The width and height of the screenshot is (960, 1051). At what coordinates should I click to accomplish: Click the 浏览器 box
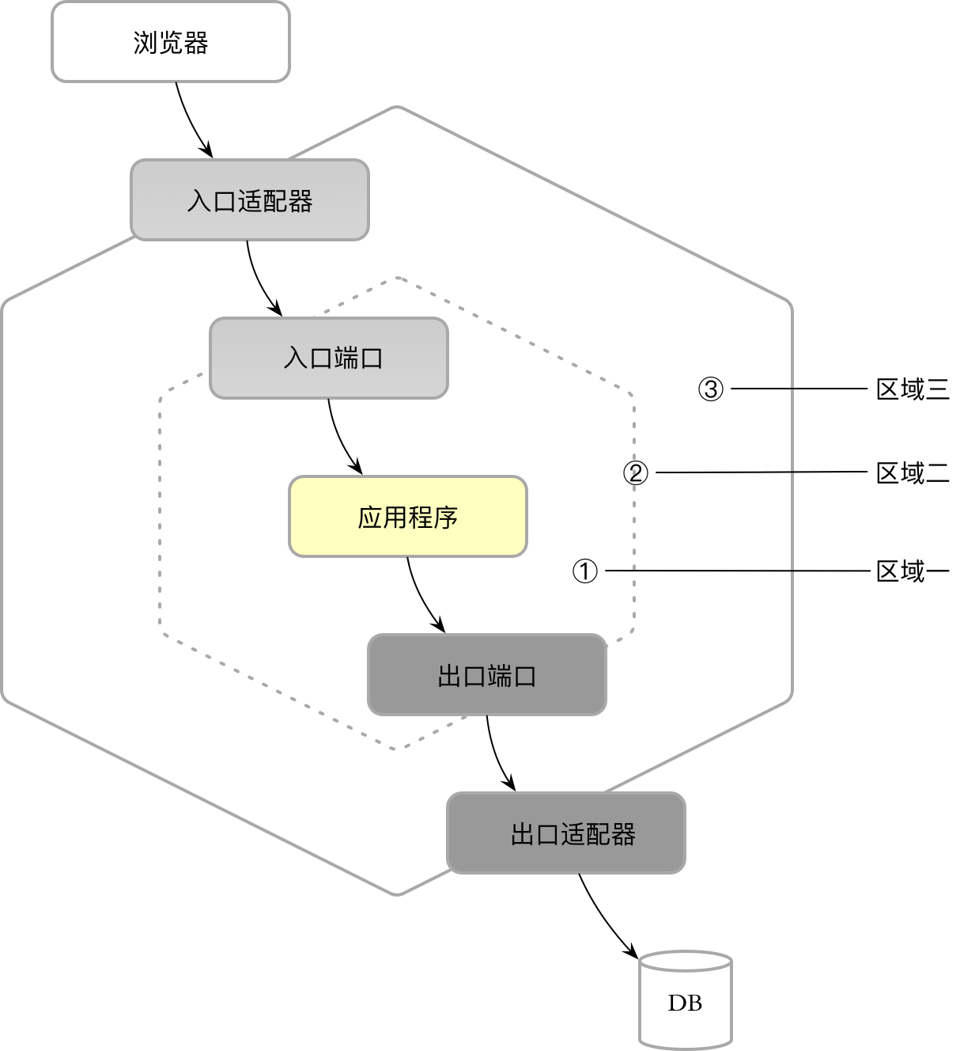171,42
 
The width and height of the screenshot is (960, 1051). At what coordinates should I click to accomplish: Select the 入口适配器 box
250,200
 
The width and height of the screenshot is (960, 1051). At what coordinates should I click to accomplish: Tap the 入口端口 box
329,359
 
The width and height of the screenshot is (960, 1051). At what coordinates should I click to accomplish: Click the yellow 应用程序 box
408,517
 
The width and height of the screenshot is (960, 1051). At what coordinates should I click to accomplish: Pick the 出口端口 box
487,675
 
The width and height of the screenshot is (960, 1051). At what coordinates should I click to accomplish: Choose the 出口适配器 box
566,833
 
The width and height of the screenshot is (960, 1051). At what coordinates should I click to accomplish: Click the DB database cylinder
685,1001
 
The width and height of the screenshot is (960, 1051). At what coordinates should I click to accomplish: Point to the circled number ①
585,571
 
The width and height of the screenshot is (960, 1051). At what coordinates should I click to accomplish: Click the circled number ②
636,472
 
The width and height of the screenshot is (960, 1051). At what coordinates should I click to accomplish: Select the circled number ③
711,389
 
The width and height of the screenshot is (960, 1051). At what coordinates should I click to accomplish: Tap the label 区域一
913,571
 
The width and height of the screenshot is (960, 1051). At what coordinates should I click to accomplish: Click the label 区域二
913,472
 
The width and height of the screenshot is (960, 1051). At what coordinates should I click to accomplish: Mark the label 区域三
913,389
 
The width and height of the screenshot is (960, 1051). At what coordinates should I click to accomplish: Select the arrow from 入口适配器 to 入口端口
259,281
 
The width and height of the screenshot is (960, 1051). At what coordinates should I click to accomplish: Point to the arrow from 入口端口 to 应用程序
340,439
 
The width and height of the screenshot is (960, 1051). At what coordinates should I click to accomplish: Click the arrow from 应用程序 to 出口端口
421,598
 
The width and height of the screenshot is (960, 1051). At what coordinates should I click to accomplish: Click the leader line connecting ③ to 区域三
799,389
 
